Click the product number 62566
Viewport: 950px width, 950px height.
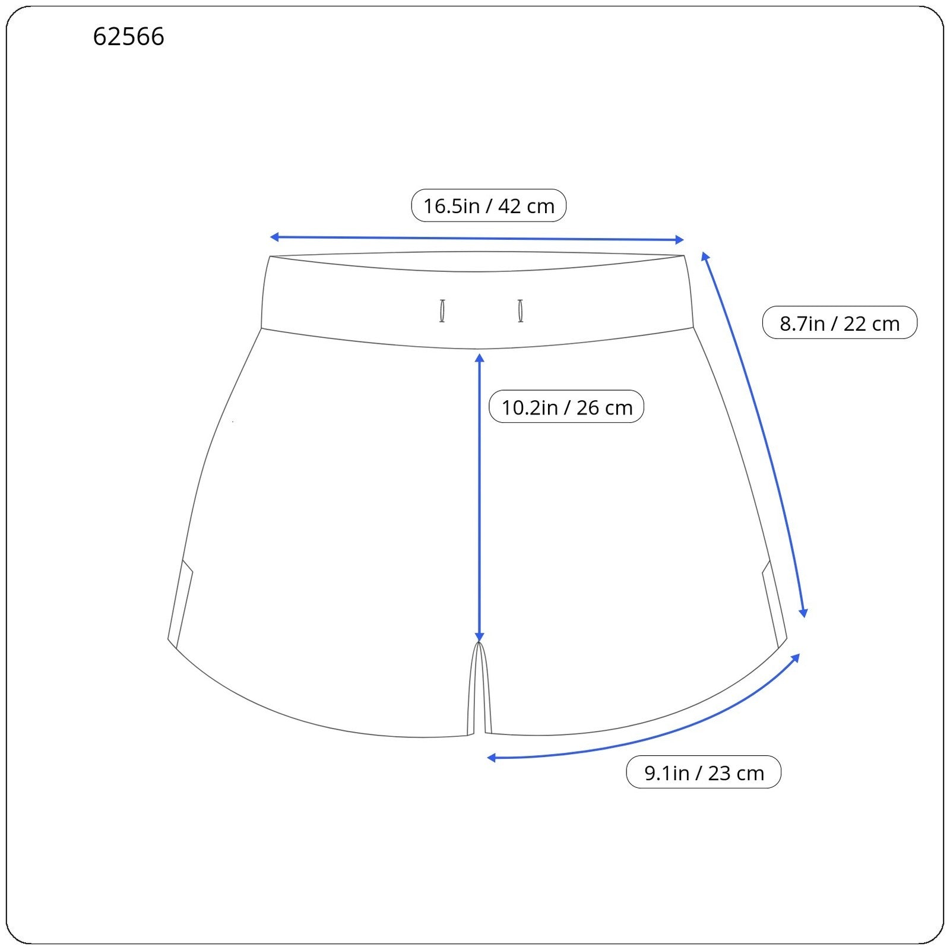tap(128, 37)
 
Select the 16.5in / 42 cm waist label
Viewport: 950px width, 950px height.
tap(489, 205)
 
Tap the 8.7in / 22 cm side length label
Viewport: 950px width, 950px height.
tap(840, 323)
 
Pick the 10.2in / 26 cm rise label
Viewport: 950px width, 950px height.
tap(566, 407)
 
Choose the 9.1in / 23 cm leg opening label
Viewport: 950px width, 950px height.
tap(704, 772)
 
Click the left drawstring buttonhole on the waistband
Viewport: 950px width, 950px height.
tap(442, 311)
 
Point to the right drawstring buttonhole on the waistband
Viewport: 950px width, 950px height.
tap(521, 311)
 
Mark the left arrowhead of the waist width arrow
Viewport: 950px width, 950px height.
tap(274, 237)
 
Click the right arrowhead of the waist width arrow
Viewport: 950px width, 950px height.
tap(680, 240)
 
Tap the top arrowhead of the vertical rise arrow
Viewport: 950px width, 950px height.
tap(480, 357)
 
